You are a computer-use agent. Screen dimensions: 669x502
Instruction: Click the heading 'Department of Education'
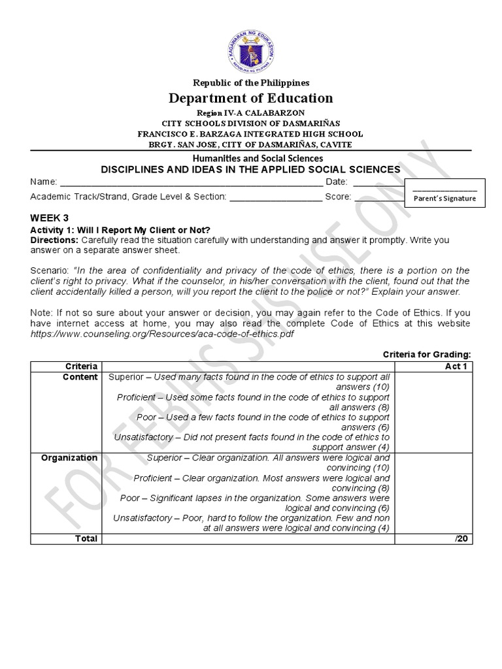250,98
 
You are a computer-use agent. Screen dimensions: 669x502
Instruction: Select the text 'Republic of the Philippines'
250,82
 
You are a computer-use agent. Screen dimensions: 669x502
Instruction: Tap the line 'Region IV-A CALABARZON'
250,112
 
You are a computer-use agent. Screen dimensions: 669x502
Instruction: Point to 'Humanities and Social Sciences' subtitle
250,158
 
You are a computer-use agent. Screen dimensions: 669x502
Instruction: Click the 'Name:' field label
44,182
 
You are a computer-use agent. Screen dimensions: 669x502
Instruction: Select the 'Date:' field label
337,182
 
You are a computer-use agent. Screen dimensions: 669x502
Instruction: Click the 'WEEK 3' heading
49,218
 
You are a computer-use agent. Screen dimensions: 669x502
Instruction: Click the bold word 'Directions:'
55,240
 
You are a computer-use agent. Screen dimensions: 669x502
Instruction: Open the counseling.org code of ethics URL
162,334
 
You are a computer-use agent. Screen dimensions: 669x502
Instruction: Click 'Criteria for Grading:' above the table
426,354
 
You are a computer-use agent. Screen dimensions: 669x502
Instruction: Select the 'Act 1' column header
456,366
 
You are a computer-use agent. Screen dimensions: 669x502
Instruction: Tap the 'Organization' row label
69,457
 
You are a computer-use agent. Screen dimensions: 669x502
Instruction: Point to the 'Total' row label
86,538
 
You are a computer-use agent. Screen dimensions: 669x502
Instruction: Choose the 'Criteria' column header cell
81,366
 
